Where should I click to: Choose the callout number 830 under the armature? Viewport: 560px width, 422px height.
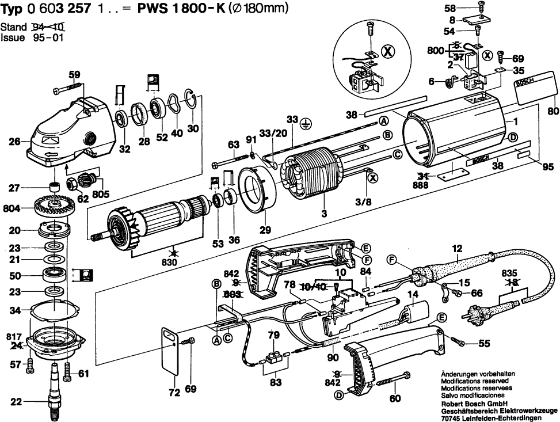(x=169, y=263)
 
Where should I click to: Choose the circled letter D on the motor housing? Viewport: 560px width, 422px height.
(x=513, y=137)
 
